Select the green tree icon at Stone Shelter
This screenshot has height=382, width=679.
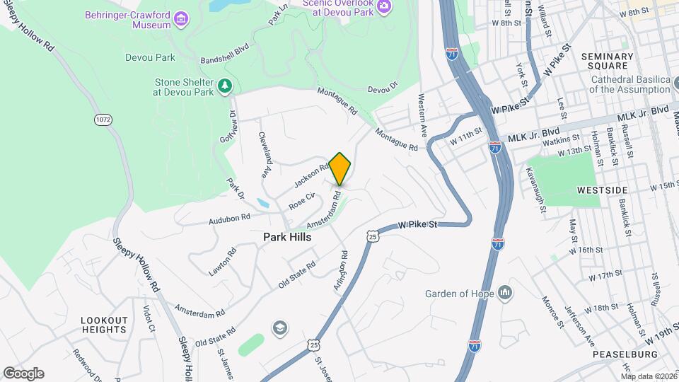(225, 86)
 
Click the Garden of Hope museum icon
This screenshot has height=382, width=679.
(505, 292)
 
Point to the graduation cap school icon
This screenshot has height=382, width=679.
(280, 327)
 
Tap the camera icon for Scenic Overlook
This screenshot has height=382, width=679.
(384, 6)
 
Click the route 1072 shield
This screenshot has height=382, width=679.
(103, 120)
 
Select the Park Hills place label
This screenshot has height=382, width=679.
(287, 238)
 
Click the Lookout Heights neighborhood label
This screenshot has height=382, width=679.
(104, 325)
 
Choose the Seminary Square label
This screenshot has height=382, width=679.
(608, 61)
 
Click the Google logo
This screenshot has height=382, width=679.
(23, 373)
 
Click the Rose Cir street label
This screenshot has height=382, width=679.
(301, 201)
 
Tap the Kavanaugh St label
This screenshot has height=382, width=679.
(535, 190)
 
